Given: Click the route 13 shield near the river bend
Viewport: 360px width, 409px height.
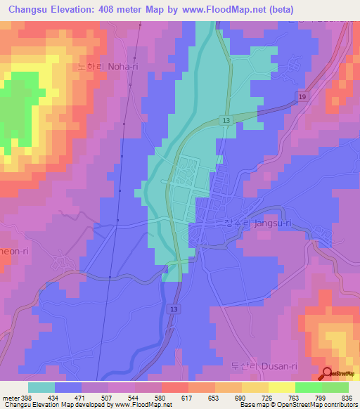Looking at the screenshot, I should click(225, 121).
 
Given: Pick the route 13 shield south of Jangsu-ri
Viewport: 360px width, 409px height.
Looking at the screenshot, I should click(173, 309).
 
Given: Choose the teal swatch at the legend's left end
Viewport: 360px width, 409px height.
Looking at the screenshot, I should click(41, 387).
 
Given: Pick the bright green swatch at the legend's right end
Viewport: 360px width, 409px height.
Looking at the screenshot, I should click(335, 387).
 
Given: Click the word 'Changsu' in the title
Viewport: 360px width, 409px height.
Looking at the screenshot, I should click(28, 10).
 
